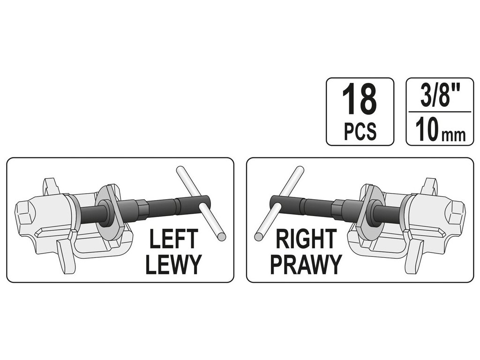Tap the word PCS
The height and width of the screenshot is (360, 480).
(360, 132)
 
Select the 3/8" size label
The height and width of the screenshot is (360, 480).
(439, 97)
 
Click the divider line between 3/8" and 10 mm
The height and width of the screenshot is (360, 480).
(439, 112)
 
